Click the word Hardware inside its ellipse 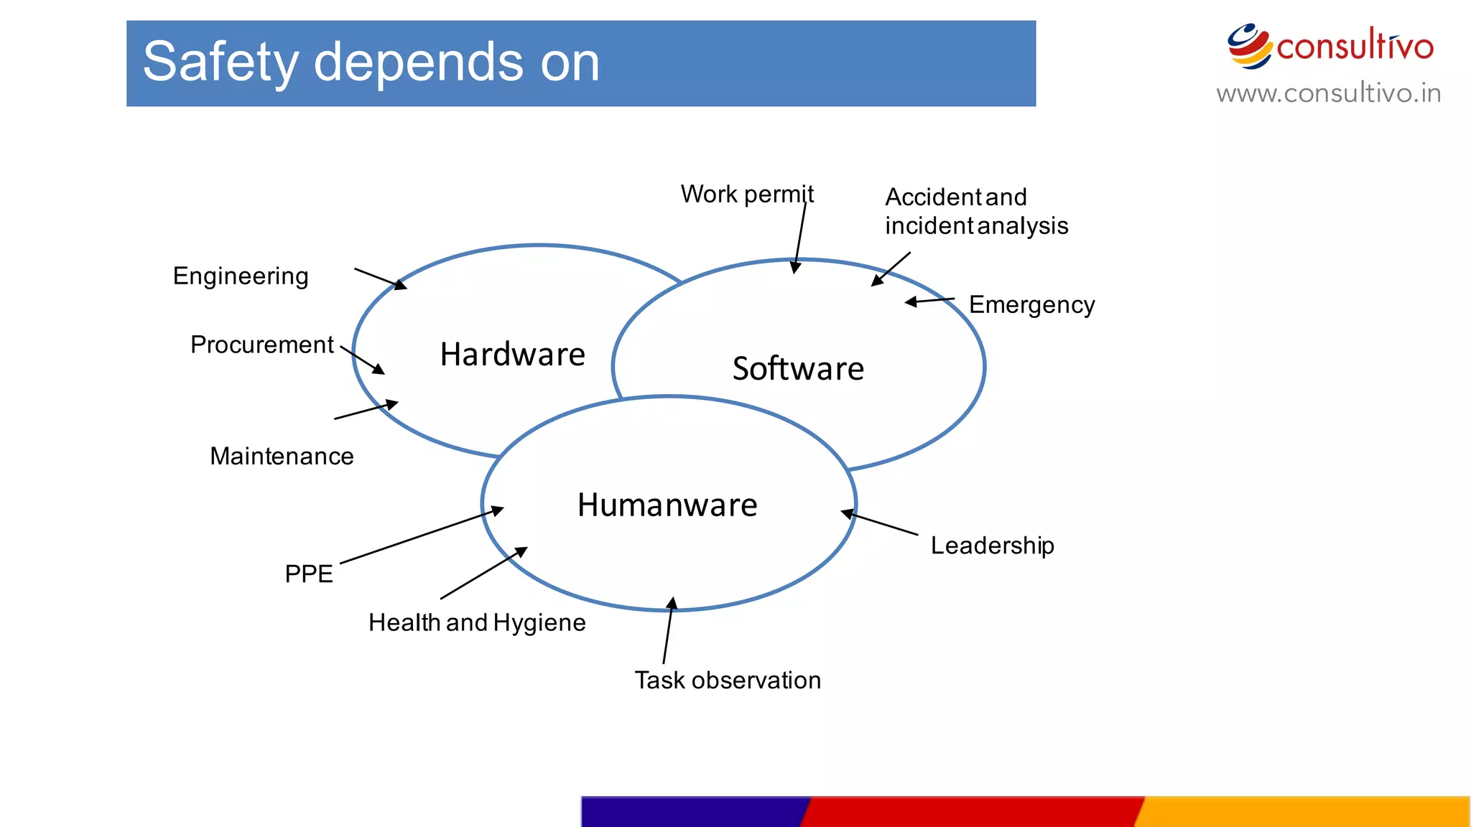[512, 355]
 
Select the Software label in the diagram [798, 369]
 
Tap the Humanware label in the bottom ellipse [667, 505]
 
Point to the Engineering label [241, 276]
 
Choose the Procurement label [262, 345]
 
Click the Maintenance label [282, 457]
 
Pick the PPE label [309, 574]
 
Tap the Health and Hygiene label [477, 622]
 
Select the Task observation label [728, 681]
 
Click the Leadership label [993, 546]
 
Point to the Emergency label [1031, 305]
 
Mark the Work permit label [747, 195]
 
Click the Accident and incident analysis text [976, 211]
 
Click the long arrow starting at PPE [422, 536]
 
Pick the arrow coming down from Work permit [800, 237]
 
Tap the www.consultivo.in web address [1328, 93]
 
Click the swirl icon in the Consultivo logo [1248, 46]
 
